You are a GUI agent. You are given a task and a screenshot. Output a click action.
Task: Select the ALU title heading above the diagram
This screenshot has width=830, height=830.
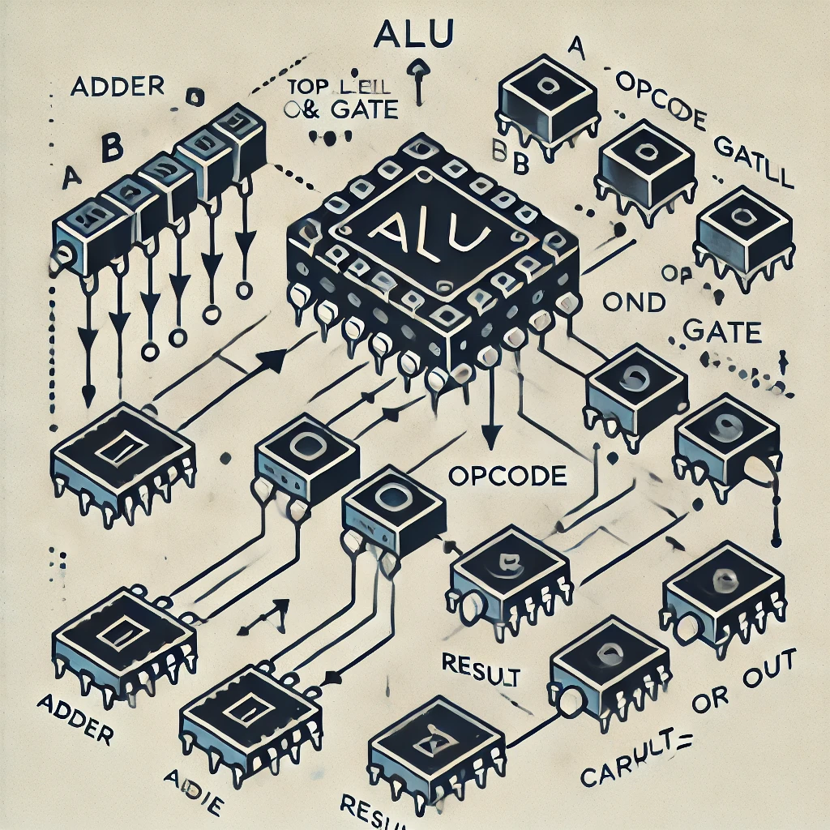click(x=415, y=38)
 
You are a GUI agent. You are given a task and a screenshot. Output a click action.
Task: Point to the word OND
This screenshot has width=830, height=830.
click(x=635, y=302)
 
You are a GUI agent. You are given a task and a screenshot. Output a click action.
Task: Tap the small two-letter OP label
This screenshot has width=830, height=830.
click(x=674, y=275)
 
